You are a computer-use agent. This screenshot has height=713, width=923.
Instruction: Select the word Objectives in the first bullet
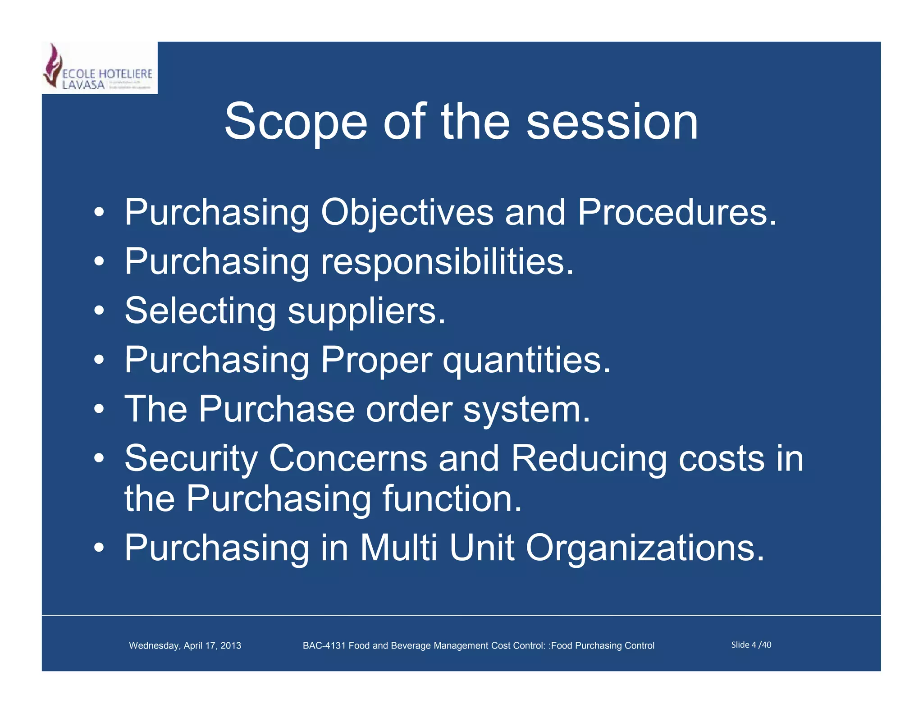[407, 213]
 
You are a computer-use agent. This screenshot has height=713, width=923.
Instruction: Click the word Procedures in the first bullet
[676, 213]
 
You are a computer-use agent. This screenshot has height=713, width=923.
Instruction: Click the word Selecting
[200, 311]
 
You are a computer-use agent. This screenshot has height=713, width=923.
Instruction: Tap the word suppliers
[366, 312]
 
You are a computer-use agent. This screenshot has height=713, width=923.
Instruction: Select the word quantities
[526, 361]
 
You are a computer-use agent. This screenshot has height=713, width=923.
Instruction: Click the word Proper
[376, 361]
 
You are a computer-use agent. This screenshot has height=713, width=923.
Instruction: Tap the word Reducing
[588, 459]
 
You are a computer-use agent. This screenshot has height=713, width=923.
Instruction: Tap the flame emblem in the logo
[53, 66]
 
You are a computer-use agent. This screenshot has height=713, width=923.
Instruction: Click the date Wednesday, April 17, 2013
[185, 645]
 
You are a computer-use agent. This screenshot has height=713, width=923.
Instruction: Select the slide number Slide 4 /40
[751, 645]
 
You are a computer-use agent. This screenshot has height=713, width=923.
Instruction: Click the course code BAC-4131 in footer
[324, 645]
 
